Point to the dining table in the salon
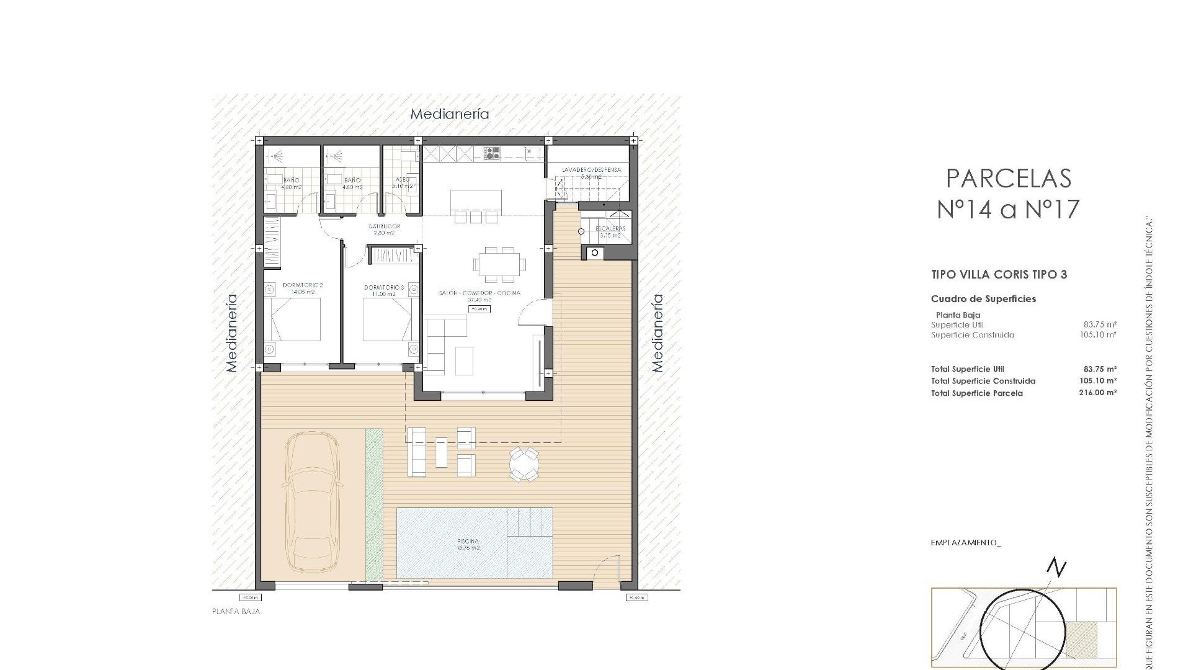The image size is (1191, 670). click(x=499, y=263)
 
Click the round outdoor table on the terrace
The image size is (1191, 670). click(x=524, y=464)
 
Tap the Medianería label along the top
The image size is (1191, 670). click(x=450, y=114)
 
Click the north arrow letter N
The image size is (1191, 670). click(x=1056, y=568)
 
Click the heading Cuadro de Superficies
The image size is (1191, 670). click(x=983, y=299)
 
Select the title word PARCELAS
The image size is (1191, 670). click(x=1009, y=179)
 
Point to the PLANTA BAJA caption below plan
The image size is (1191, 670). click(x=236, y=612)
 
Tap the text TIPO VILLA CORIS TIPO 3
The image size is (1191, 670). click(x=999, y=274)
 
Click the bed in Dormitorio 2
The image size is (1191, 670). click(x=296, y=319)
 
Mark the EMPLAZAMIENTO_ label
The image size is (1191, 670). click(x=966, y=543)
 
